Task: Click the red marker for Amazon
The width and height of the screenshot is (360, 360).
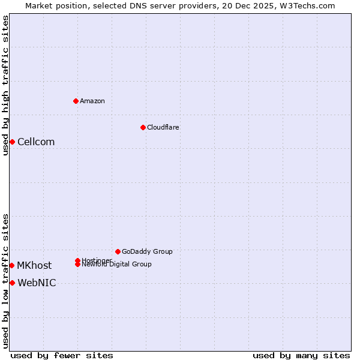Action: click(x=76, y=101)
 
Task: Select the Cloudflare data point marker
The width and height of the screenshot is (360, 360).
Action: click(x=143, y=127)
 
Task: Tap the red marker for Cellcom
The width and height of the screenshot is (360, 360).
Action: click(x=12, y=142)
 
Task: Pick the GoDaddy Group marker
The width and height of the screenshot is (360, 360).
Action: click(x=118, y=251)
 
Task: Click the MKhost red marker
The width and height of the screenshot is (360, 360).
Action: click(x=11, y=265)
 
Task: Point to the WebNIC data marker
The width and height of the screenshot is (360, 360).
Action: click(x=12, y=283)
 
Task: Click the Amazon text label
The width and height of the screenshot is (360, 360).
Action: click(x=92, y=101)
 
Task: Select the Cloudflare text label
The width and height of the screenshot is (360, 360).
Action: click(x=163, y=127)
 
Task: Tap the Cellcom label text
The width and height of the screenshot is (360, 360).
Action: click(x=36, y=142)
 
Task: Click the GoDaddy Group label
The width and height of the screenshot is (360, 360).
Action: click(x=147, y=251)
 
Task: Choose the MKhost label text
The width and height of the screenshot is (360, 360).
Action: click(x=34, y=265)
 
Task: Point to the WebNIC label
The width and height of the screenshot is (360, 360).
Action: click(x=37, y=283)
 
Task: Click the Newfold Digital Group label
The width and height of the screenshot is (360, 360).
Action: click(x=117, y=265)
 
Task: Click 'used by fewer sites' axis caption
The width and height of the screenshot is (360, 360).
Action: click(x=62, y=355)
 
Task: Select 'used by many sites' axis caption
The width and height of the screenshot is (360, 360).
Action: click(x=301, y=355)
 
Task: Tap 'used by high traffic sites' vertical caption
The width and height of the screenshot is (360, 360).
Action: click(x=6, y=85)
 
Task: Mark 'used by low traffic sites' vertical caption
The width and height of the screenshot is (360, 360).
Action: click(x=6, y=281)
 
